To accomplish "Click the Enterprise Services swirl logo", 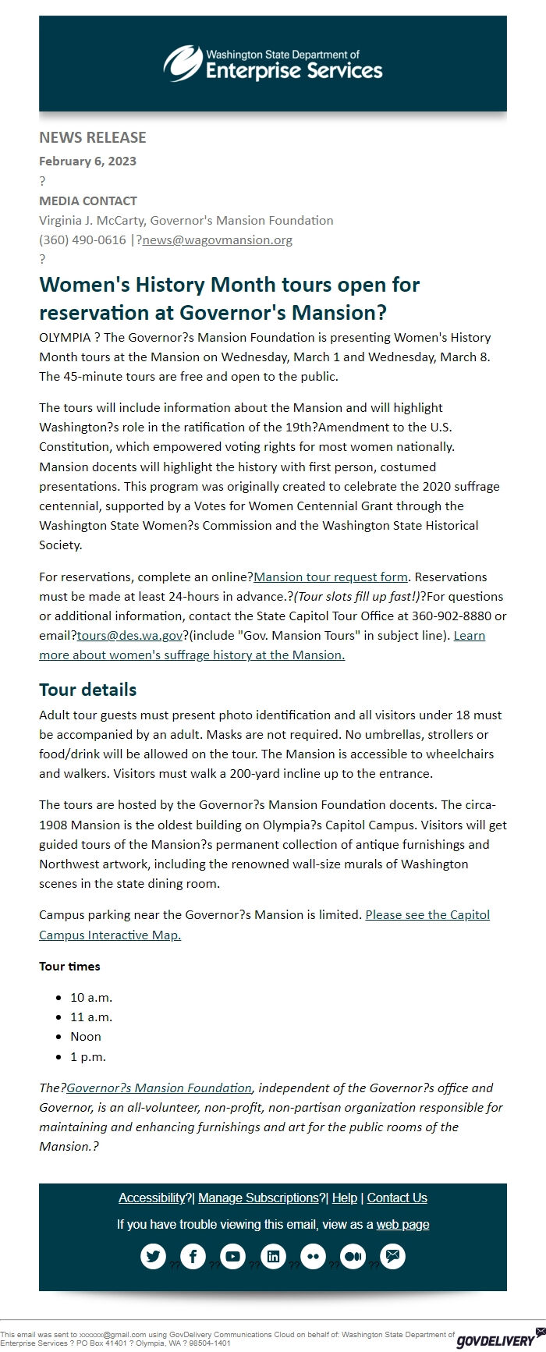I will [x=182, y=63].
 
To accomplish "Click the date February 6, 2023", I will [x=87, y=161].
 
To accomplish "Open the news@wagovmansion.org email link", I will [x=218, y=240].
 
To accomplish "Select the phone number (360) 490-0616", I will [x=82, y=240].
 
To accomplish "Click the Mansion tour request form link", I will [x=331, y=577].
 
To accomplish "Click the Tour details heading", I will [x=87, y=690].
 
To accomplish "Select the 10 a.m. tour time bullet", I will [x=91, y=998].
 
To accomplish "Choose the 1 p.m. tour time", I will [x=88, y=1057].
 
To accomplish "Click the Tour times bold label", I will [x=69, y=967].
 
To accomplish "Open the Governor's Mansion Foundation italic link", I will [x=159, y=1088].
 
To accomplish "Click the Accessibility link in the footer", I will [x=151, y=1198].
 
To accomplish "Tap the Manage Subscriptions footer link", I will [x=258, y=1198].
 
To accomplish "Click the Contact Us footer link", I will [x=397, y=1198].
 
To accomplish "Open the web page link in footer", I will [x=402, y=1225].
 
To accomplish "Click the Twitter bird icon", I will [x=153, y=1257].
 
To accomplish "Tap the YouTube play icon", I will [x=232, y=1257].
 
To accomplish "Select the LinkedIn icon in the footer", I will [x=273, y=1257].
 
